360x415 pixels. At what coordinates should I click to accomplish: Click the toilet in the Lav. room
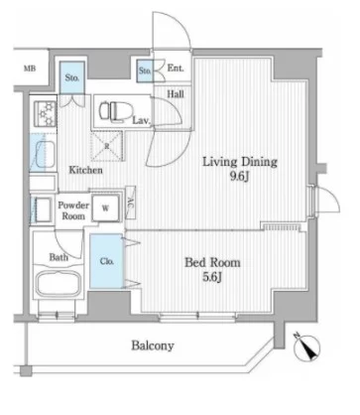tap(116, 110)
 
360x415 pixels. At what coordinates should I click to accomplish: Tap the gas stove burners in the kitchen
tap(46, 113)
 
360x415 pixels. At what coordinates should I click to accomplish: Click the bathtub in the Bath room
tap(59, 284)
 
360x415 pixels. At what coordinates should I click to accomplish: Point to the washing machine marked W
tap(105, 208)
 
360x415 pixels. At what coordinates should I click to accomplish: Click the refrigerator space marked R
tap(106, 146)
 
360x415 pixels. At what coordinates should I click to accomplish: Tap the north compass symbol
tap(307, 347)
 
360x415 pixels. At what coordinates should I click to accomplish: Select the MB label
tap(30, 69)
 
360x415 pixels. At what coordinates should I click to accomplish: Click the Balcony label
tap(153, 346)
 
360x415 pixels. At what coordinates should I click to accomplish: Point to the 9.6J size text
tap(239, 177)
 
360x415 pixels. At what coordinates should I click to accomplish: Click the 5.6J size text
tap(211, 277)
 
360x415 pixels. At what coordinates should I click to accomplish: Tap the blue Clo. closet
tap(106, 261)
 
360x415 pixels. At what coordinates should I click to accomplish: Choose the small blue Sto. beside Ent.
tap(145, 70)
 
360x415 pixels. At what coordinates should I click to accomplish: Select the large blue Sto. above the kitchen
tap(72, 77)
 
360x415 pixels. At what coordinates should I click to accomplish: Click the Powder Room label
tap(73, 210)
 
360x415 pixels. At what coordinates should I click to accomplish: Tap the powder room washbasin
tap(42, 209)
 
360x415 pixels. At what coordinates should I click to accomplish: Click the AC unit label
tap(131, 202)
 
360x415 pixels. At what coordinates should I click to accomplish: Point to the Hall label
tap(176, 94)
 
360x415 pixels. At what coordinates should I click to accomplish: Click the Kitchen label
tap(85, 170)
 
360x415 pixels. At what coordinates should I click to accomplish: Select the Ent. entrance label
tap(176, 69)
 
